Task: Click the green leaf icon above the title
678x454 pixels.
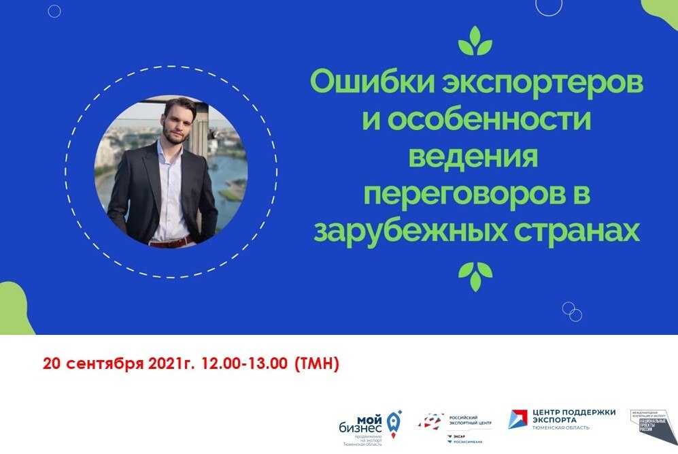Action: (x=475, y=42)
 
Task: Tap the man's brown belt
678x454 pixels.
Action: (x=170, y=242)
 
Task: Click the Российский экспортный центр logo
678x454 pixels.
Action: (x=456, y=425)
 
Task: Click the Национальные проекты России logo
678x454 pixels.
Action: (x=654, y=425)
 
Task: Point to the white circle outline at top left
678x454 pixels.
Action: (x=54, y=11)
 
